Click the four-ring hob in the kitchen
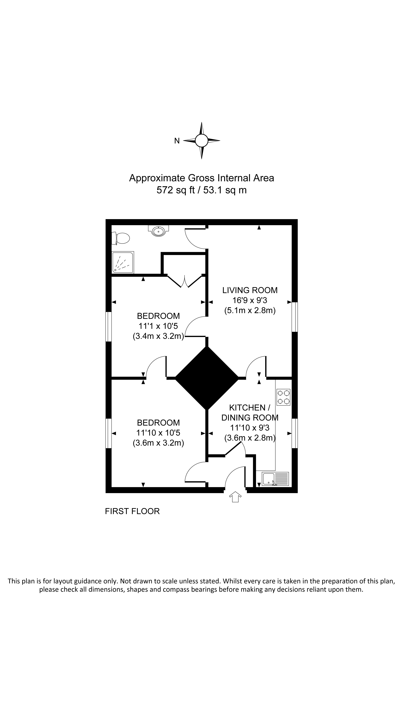283,397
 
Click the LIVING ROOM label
250,290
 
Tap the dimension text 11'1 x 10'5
158,326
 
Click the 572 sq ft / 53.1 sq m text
201,190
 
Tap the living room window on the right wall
295,317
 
